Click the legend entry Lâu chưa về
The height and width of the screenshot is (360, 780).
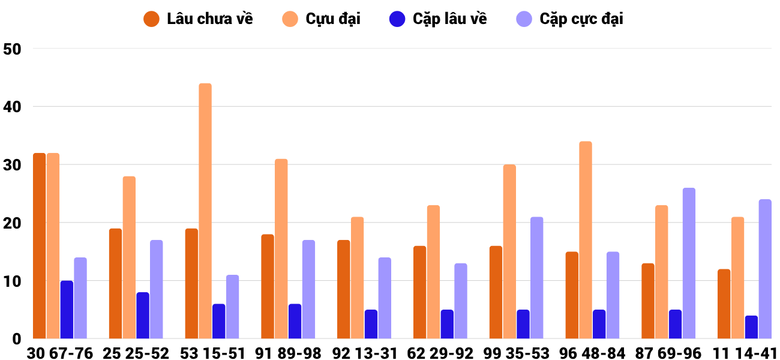click(x=198, y=19)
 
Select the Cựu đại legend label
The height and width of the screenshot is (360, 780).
click(x=321, y=19)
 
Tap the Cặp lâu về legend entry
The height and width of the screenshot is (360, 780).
click(x=438, y=19)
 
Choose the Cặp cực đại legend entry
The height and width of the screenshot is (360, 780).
click(x=569, y=19)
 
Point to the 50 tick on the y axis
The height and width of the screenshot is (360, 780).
click(x=12, y=49)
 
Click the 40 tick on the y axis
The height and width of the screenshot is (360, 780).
click(x=12, y=107)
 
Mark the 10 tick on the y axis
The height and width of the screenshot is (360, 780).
click(x=12, y=281)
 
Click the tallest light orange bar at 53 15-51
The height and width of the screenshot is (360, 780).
click(x=205, y=211)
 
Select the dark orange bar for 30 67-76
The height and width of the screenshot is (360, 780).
click(x=40, y=246)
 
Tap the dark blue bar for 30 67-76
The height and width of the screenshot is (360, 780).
click(x=67, y=310)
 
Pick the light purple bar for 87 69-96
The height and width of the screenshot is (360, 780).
click(x=689, y=263)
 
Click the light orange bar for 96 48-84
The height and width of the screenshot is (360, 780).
click(x=586, y=240)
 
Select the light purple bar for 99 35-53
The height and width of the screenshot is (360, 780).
click(x=536, y=278)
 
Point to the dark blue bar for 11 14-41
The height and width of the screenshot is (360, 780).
click(x=751, y=327)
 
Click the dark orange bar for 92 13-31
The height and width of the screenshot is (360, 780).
click(x=343, y=289)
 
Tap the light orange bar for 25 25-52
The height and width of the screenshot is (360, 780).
click(x=129, y=257)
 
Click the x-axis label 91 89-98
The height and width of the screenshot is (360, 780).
click(x=288, y=353)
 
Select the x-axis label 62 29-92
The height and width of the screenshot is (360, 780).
click(x=440, y=353)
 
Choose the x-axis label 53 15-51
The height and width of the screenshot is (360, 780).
click(x=212, y=353)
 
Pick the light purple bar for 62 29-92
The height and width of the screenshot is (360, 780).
click(x=461, y=301)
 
